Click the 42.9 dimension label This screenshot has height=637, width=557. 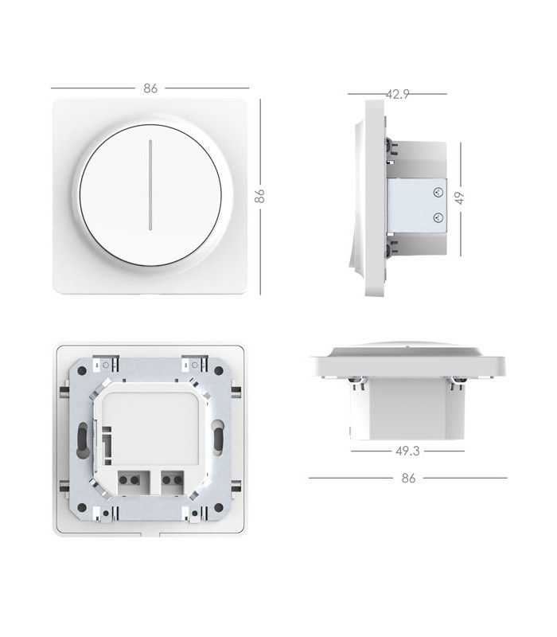click(397, 94)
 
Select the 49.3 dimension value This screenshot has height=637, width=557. click(407, 451)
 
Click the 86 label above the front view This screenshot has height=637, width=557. click(150, 88)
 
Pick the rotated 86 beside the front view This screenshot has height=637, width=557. click(259, 196)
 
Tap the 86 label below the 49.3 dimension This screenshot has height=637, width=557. click(408, 479)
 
